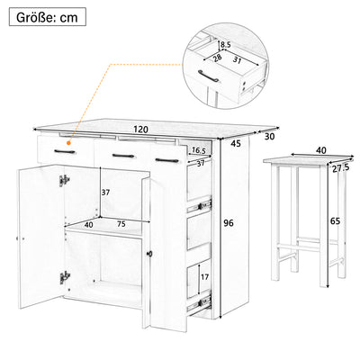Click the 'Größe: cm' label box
pyautogui.click(x=48, y=17)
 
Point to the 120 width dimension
pyautogui.click(x=141, y=130)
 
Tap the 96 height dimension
pyautogui.click(x=229, y=223)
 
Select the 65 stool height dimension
pyautogui.click(x=335, y=221)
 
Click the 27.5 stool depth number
pyautogui.click(x=340, y=168)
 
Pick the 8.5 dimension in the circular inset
pyautogui.click(x=225, y=45)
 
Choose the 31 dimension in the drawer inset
pyautogui.click(x=237, y=60)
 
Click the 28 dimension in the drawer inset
pyautogui.click(x=217, y=58)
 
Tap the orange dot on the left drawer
pyautogui.click(x=69, y=143)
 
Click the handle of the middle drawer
pyautogui.click(x=123, y=156)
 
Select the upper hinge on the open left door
pyautogui.click(x=64, y=180)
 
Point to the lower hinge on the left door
pyautogui.click(x=64, y=277)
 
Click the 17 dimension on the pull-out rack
pyautogui.click(x=204, y=277)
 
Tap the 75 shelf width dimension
pyautogui.click(x=121, y=224)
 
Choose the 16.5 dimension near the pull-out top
pyautogui.click(x=198, y=150)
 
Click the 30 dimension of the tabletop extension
pyautogui.click(x=269, y=137)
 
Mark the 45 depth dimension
pyautogui.click(x=236, y=144)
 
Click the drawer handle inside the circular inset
pyautogui.click(x=209, y=76)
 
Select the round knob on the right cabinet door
pyautogui.click(x=150, y=254)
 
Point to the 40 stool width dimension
pyautogui.click(x=320, y=150)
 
